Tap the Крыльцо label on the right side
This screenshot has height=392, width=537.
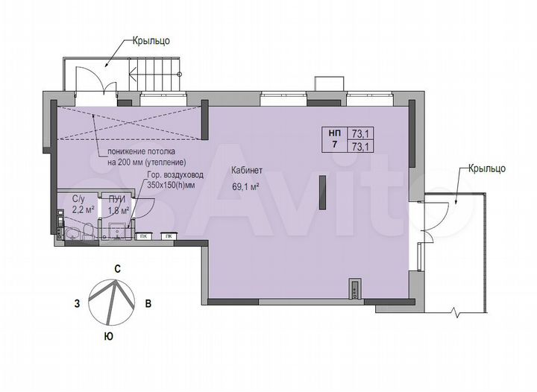(x=487, y=169)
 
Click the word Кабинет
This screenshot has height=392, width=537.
(x=246, y=171)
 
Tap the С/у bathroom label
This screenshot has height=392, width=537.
(x=78, y=200)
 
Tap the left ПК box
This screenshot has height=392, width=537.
(x=142, y=236)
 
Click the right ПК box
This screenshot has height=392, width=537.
(x=169, y=236)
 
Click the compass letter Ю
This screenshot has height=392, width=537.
(x=109, y=337)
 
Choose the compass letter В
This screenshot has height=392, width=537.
(x=148, y=304)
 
